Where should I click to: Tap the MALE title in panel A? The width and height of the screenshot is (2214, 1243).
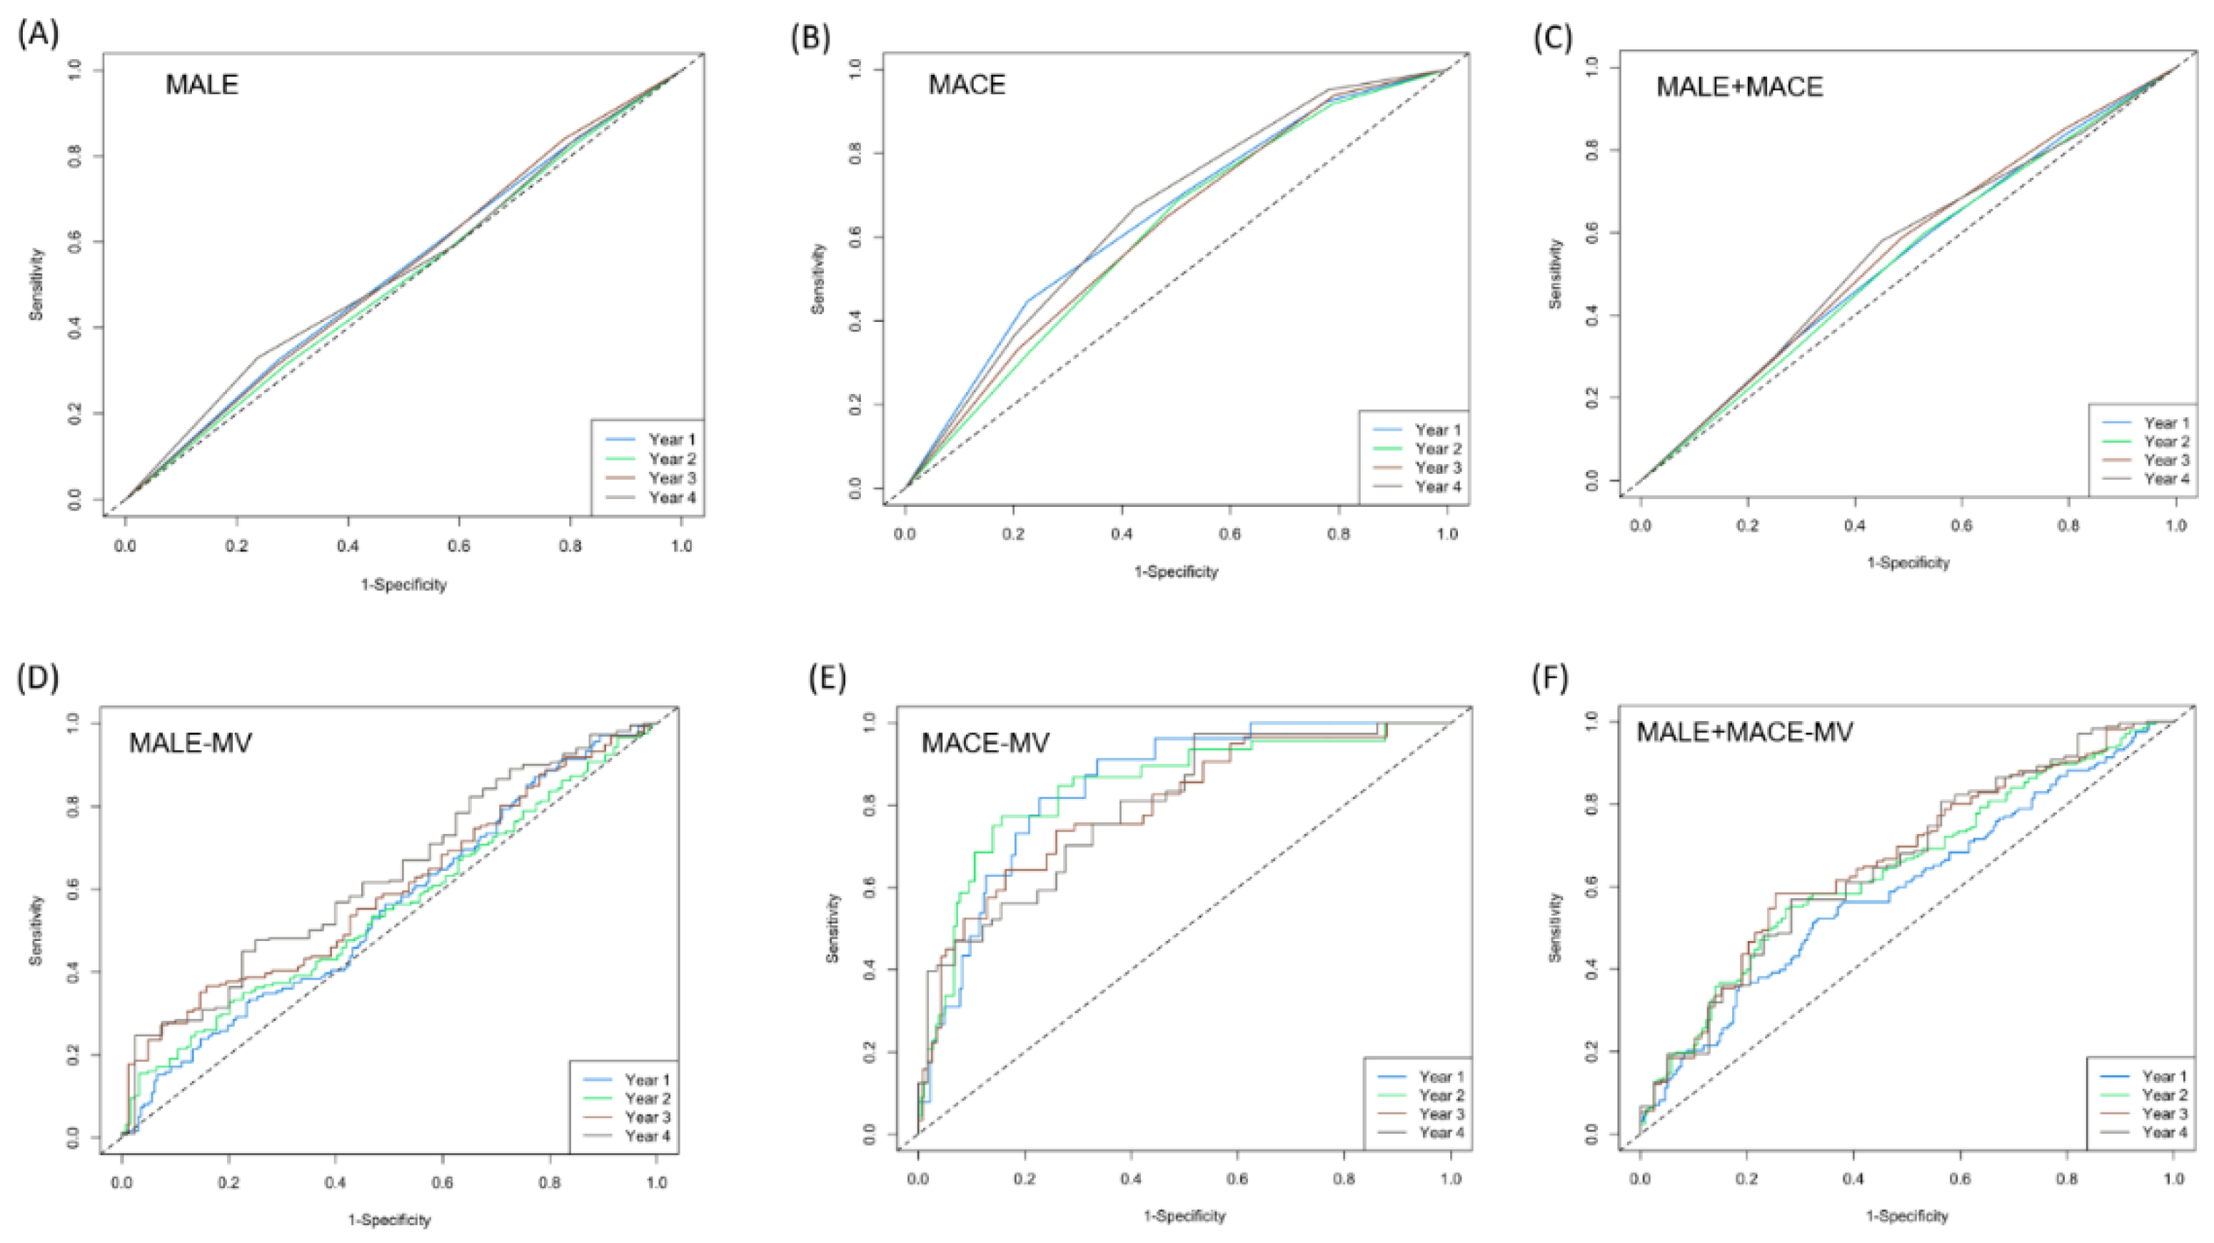click(201, 85)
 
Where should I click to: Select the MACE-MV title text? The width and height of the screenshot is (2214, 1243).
click(985, 742)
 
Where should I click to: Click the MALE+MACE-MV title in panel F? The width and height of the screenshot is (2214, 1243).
click(1744, 732)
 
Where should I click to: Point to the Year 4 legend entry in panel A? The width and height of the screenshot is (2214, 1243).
click(671, 498)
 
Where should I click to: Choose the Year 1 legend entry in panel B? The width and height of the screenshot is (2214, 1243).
click(1437, 430)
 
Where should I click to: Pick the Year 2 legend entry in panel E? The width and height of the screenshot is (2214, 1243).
click(1441, 1095)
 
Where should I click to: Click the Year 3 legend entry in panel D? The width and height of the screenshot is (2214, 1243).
click(647, 1117)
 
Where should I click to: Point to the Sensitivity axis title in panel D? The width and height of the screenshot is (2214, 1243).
click(36, 930)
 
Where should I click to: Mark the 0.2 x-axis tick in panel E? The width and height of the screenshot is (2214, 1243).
click(1025, 1179)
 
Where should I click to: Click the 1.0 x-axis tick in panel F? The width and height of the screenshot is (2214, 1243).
click(2175, 1179)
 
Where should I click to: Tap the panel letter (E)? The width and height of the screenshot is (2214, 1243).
click(827, 678)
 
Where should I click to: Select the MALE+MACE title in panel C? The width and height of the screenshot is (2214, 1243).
click(1739, 87)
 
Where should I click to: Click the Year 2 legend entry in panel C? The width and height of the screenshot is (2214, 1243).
click(2166, 442)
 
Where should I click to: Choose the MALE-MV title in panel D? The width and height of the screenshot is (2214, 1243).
click(190, 742)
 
